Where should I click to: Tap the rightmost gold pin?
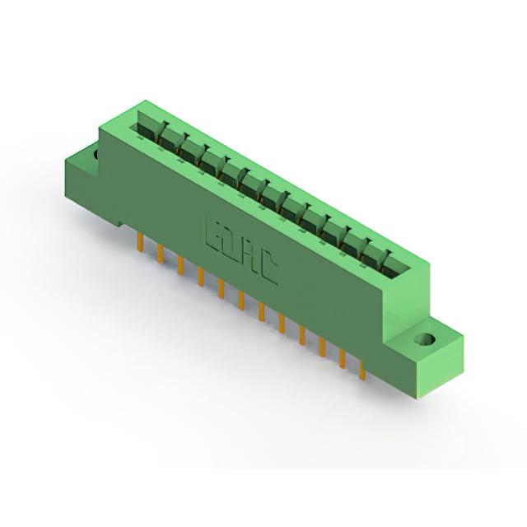tap(362, 370)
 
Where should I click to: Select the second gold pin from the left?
tap(161, 254)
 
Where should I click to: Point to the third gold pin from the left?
tap(181, 266)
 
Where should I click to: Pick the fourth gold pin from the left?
tap(201, 277)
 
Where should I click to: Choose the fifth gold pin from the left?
tap(222, 289)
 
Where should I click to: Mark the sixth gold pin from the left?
tap(241, 300)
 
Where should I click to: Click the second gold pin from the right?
tap(343, 359)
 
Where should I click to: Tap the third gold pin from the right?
tap(322, 347)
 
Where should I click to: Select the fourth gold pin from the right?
tap(302, 336)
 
